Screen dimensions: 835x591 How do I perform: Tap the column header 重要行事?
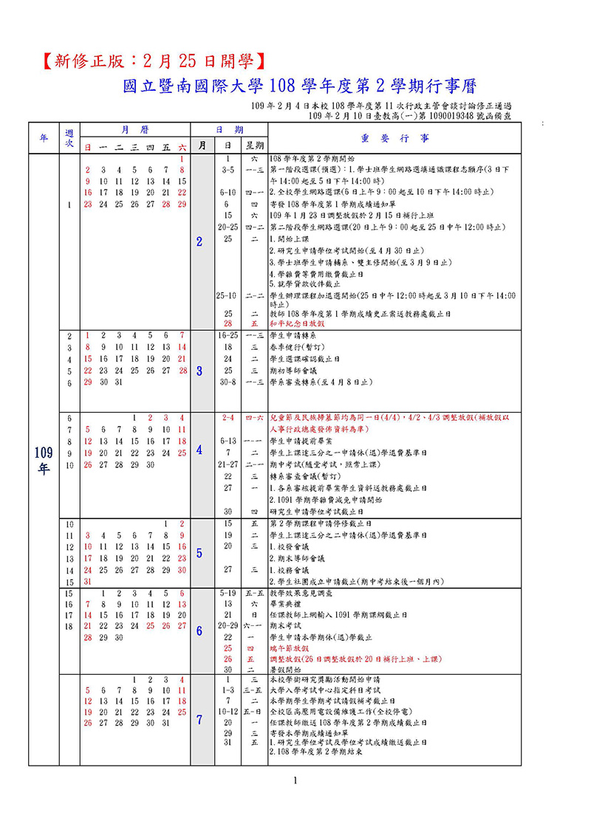(x=384, y=137)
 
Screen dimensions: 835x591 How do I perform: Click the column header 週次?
(x=69, y=137)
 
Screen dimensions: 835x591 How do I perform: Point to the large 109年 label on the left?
(x=43, y=459)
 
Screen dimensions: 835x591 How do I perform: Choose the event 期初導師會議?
(x=291, y=370)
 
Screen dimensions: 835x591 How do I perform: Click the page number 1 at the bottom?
(x=295, y=780)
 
